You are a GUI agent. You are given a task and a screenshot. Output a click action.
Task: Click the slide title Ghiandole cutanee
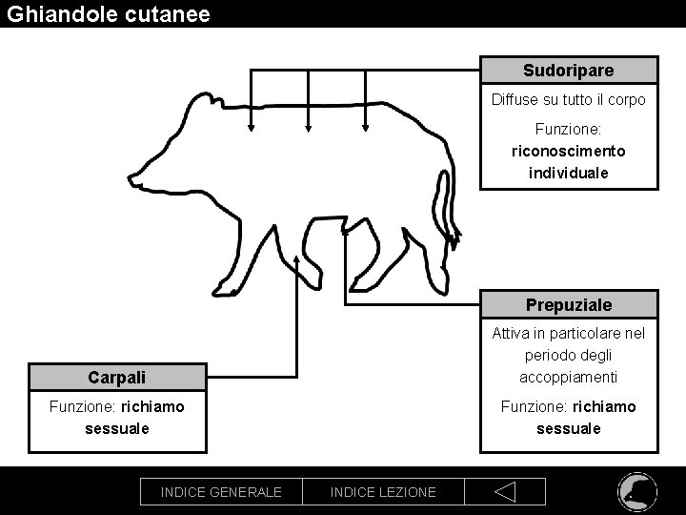[x=106, y=14]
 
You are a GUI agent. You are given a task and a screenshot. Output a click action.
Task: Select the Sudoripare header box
[x=568, y=71]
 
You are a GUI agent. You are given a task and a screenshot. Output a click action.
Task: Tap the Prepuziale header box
[x=568, y=305]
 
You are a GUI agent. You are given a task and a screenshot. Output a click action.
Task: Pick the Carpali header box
[x=117, y=378]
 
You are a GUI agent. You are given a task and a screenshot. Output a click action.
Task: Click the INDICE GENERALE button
[x=221, y=492]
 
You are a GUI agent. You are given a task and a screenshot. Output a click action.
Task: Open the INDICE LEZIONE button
[x=383, y=492]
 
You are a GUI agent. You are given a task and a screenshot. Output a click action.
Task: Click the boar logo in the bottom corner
[x=635, y=490]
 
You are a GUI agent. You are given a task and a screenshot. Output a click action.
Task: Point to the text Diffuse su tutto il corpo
[x=568, y=99]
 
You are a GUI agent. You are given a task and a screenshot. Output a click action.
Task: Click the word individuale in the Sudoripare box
[x=568, y=173]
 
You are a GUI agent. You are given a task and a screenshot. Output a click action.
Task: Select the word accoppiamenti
[x=570, y=377]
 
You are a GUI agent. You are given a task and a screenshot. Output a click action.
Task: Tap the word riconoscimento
[x=569, y=151]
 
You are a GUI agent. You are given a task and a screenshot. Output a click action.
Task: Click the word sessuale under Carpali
[x=117, y=428]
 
